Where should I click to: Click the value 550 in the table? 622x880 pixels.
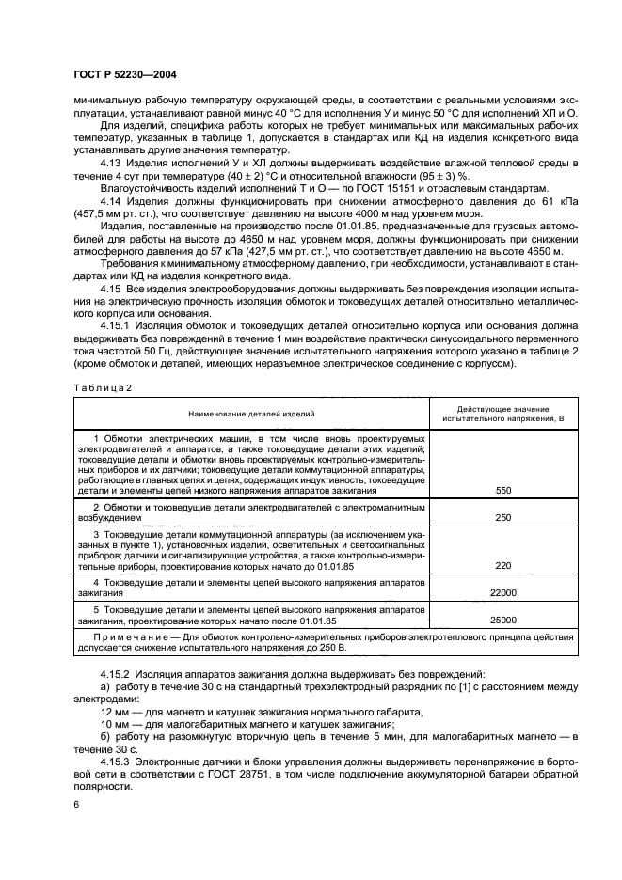502,491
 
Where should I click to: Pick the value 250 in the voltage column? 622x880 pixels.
502,518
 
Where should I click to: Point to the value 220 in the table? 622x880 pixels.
502,566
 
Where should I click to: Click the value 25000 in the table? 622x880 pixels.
502,621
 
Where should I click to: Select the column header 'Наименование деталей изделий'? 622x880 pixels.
250,413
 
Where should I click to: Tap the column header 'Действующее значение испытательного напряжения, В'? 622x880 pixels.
503,413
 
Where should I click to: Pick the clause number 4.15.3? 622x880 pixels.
118,761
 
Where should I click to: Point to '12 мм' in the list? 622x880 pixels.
114,712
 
